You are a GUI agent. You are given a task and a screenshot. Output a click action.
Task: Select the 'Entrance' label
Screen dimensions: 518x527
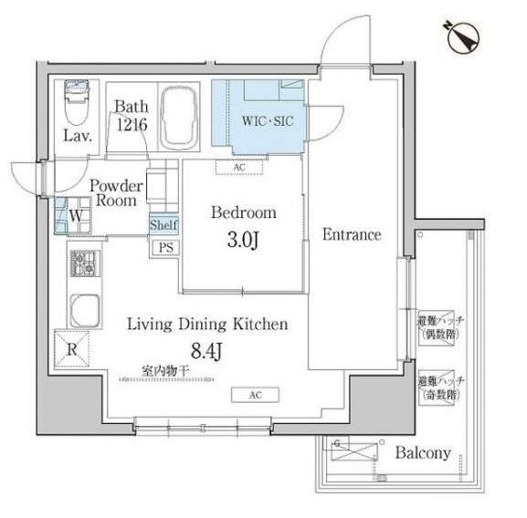click(x=351, y=234)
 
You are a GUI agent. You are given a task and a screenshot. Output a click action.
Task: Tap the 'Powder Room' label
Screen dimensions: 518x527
click(x=113, y=191)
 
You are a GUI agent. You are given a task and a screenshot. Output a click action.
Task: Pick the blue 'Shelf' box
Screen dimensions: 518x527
click(x=164, y=224)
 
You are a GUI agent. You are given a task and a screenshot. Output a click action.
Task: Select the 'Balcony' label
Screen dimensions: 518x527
click(x=422, y=451)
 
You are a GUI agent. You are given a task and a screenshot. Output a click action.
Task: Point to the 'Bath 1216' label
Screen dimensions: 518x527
click(x=130, y=114)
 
